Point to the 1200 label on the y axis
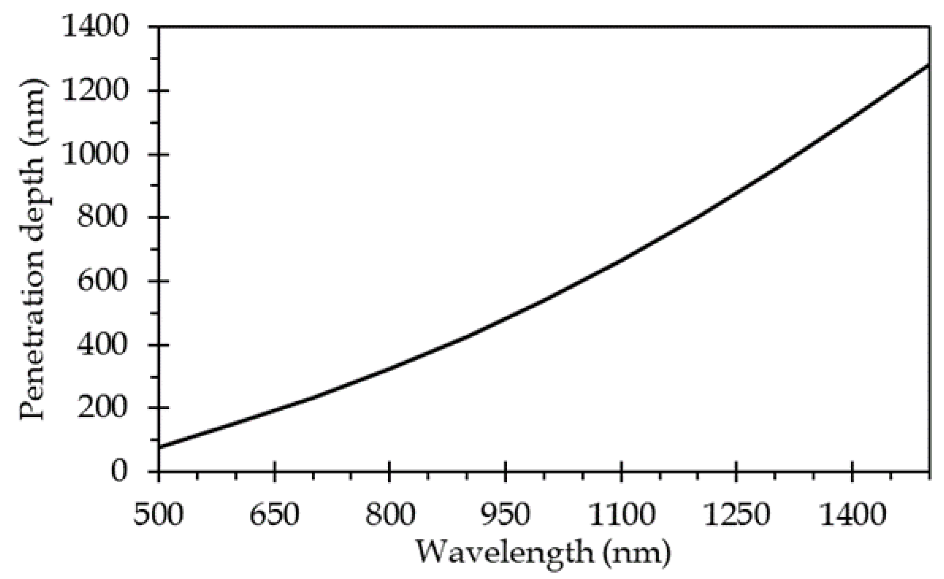96,91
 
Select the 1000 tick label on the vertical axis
96,154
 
